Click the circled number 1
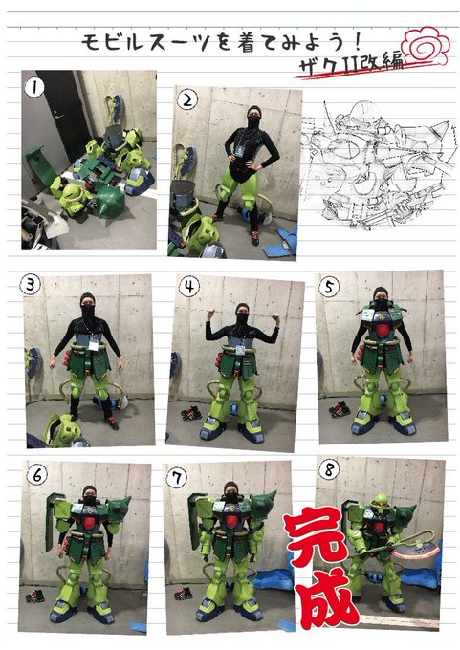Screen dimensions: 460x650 (34, 88)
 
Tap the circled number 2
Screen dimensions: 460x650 (187, 100)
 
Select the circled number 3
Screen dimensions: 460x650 (31, 285)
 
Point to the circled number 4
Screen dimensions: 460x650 (188, 286)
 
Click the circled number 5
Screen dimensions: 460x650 (329, 287)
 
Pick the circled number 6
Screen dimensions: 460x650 (37, 475)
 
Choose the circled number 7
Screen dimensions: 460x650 (177, 478)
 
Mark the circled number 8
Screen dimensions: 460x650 (330, 469)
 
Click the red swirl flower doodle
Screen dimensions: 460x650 (426, 46)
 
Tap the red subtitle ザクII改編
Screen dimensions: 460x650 (351, 65)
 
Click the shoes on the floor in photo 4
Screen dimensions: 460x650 (191, 413)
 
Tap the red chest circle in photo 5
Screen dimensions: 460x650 (383, 331)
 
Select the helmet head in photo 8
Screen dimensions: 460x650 (380, 502)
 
